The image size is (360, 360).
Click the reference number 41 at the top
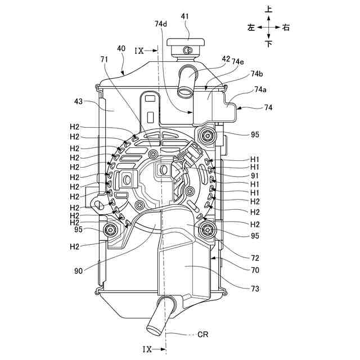click(185, 17)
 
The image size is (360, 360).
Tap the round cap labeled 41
click(188, 42)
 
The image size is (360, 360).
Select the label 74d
click(161, 24)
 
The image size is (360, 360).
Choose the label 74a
click(260, 89)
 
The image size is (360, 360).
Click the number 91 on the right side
click(255, 175)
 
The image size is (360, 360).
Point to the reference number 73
click(256, 289)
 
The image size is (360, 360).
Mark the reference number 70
click(255, 269)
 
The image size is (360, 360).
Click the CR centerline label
click(203, 334)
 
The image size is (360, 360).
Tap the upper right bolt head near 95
click(210, 134)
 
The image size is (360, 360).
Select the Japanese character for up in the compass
click(269, 10)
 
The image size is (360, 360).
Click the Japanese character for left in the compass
click(251, 26)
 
